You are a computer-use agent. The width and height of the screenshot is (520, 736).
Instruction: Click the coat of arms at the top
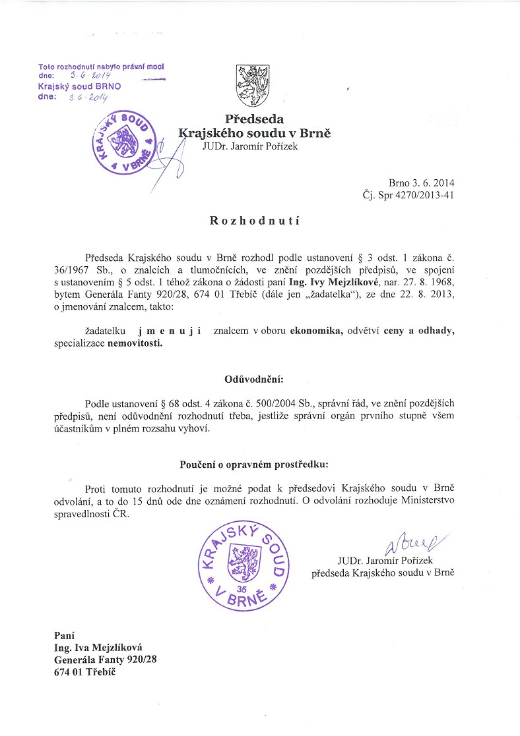coord(254,84)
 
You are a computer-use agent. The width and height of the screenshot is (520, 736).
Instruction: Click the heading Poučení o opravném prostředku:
coord(254,465)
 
